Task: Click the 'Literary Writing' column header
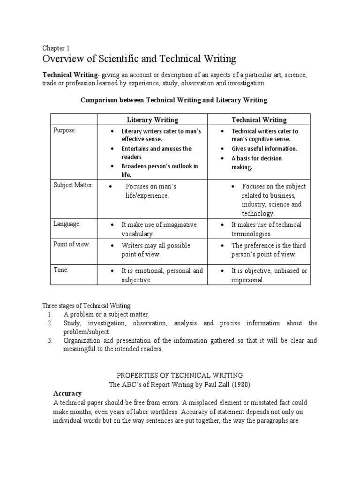point(153,120)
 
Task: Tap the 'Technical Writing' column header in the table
point(259,120)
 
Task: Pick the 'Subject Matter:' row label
point(73,186)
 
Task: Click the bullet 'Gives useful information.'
point(264,149)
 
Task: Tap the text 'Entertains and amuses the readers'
point(156,153)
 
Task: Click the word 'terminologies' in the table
point(250,234)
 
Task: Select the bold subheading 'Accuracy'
point(67,393)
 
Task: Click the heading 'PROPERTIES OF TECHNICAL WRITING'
point(179,375)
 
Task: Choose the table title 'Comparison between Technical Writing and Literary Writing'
point(173,100)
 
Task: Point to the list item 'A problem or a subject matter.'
point(106,315)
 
